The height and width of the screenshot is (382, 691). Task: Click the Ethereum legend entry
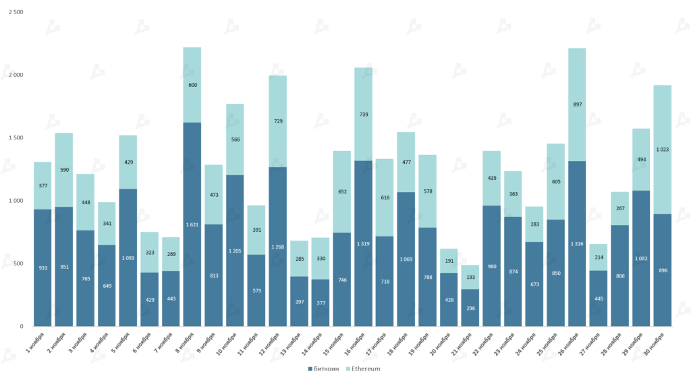click(365, 369)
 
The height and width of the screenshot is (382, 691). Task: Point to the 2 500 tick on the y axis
click(16, 12)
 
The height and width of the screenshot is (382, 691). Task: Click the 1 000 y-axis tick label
click(16, 201)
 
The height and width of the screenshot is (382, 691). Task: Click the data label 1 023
click(662, 150)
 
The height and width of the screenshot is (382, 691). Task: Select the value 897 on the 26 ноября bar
click(577, 104)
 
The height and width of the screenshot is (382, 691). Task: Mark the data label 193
click(470, 277)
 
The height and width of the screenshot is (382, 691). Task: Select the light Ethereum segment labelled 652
click(342, 192)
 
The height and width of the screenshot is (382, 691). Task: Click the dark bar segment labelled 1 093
click(128, 257)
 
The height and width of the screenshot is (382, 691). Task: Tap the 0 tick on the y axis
click(22, 326)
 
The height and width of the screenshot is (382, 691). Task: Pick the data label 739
click(364, 115)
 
